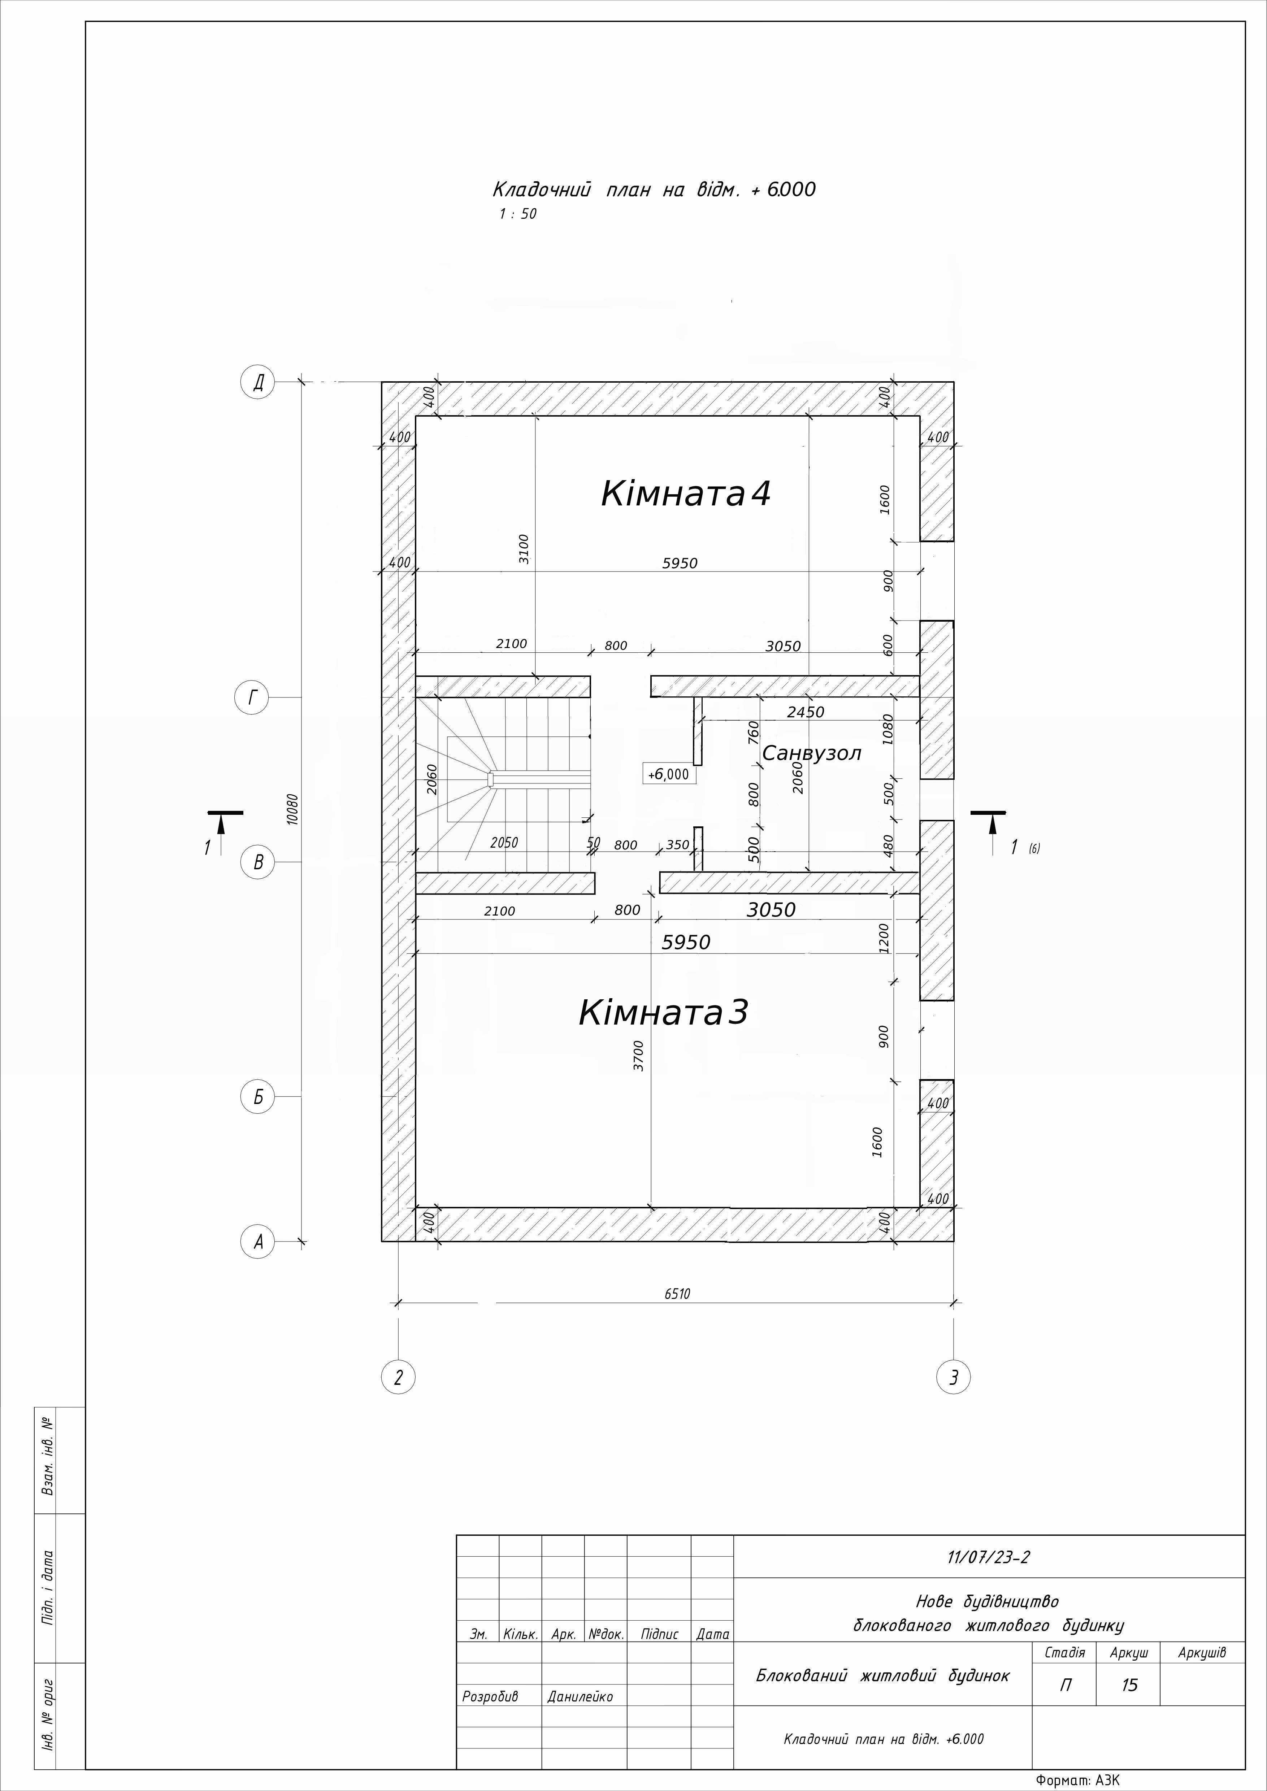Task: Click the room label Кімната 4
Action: click(686, 494)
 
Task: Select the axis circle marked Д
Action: click(257, 382)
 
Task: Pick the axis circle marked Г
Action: click(251, 697)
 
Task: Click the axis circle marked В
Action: click(257, 863)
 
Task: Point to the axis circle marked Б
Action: click(257, 1097)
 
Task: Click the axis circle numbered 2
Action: click(398, 1378)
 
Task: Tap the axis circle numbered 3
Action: click(953, 1378)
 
